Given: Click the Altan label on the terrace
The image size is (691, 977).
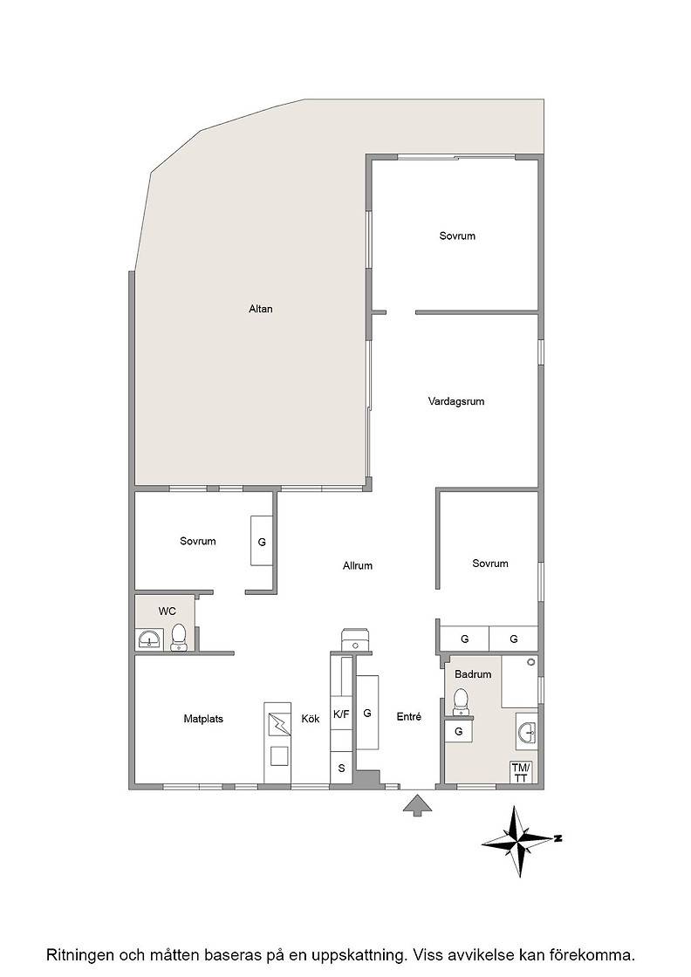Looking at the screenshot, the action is [261, 309].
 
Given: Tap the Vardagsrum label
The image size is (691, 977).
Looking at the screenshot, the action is [456, 402].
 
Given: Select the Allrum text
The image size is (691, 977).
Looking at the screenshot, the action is [358, 566].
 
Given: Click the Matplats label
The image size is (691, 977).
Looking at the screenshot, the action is [203, 719].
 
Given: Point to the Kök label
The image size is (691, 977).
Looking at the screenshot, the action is [311, 719].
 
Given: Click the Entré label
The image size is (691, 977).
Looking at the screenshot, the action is [408, 717].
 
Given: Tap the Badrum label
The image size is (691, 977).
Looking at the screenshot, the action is [473, 674].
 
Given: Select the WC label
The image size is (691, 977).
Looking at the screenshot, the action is [167, 611].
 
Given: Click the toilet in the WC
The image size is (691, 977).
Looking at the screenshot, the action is [180, 638].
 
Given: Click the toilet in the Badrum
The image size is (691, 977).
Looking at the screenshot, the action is [461, 701].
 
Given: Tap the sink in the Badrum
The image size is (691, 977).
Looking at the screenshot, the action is [527, 733].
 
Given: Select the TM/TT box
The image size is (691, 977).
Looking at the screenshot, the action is [522, 772].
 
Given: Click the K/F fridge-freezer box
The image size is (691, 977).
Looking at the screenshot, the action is [341, 715].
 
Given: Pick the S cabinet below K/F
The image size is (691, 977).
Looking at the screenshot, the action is [341, 769].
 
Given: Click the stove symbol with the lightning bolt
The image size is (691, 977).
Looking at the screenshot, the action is [277, 725].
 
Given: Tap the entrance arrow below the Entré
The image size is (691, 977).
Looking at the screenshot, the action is [417, 804].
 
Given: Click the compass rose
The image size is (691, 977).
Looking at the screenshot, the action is [517, 841].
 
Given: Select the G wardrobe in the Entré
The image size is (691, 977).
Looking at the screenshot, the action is [367, 712].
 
